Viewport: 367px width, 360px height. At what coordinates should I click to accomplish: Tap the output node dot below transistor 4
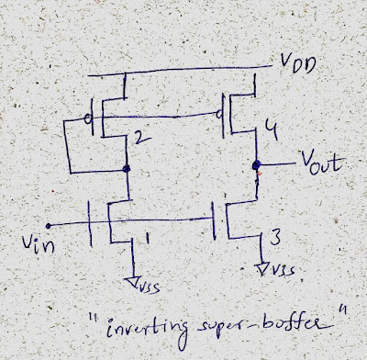(257, 168)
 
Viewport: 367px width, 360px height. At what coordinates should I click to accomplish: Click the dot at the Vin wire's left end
(46, 223)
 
